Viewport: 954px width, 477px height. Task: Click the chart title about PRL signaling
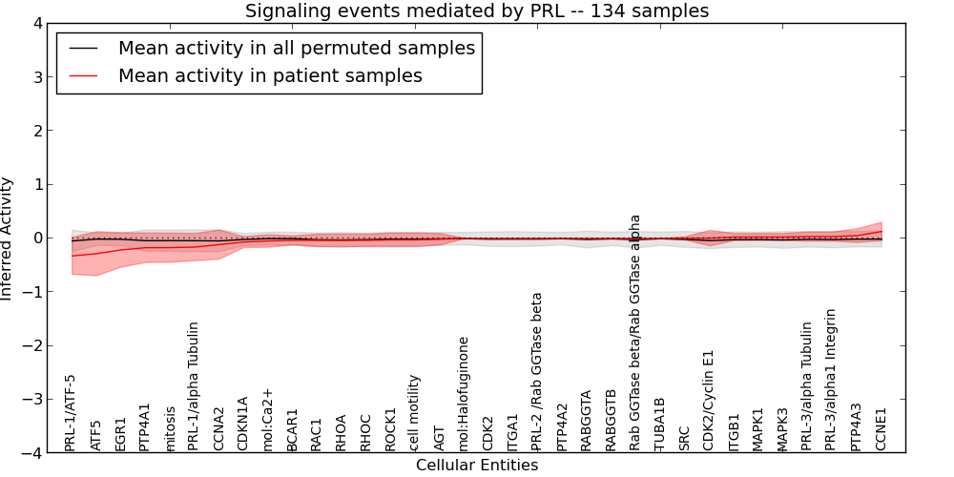coord(476,11)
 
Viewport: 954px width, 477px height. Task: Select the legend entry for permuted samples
coord(296,48)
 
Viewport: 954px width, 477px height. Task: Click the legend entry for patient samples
coord(270,75)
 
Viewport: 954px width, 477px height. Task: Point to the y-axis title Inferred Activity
coord(8,238)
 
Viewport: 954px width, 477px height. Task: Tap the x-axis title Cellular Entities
coord(476,466)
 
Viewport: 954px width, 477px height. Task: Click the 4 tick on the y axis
coord(38,23)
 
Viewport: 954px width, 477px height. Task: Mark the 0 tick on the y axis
coord(38,238)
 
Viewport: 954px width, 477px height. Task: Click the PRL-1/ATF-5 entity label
coord(71,412)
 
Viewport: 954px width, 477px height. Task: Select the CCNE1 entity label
coord(881,429)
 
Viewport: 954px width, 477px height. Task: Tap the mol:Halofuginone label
coord(464,393)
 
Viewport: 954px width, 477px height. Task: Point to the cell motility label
coord(414,412)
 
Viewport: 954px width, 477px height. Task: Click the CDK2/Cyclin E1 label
coord(708,400)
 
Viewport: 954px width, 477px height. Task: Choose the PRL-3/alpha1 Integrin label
coord(831,380)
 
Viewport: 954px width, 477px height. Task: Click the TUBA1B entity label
coord(659,425)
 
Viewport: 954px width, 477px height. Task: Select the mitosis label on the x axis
coord(170,428)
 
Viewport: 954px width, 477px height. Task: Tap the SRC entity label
coord(683,438)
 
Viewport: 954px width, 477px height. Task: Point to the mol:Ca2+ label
coord(268,419)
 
